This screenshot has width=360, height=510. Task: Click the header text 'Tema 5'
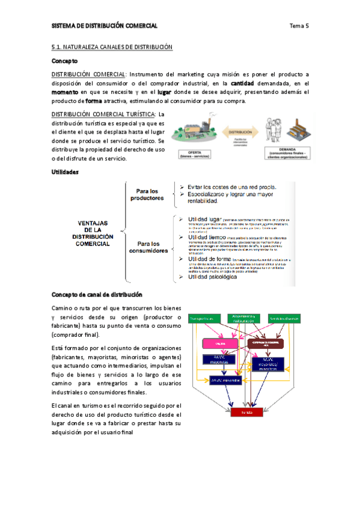coord(299,26)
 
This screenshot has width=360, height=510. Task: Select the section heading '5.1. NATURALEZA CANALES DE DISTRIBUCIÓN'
coord(112,47)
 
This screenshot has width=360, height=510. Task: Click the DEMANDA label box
coord(290,153)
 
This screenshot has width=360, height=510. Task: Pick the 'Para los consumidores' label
coord(148,248)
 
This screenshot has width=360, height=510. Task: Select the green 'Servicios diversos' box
coord(284,319)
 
